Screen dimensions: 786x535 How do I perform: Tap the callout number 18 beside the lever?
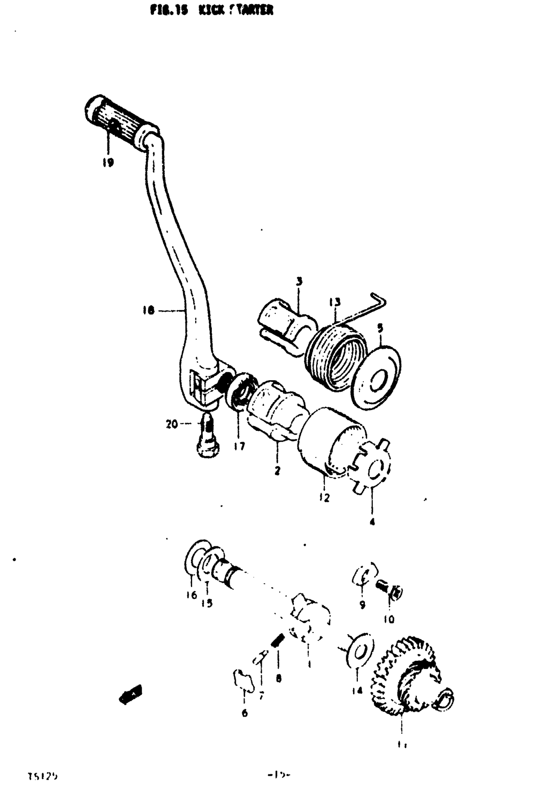(x=149, y=310)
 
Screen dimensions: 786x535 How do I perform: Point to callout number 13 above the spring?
(x=335, y=303)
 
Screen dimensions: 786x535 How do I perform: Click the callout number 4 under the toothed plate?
(x=372, y=521)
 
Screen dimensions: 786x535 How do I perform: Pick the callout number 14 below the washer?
(x=357, y=690)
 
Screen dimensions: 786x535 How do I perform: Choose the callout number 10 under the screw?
(x=388, y=620)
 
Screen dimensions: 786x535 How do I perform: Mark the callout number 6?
(x=244, y=713)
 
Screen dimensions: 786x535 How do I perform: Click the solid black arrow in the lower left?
(x=130, y=694)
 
